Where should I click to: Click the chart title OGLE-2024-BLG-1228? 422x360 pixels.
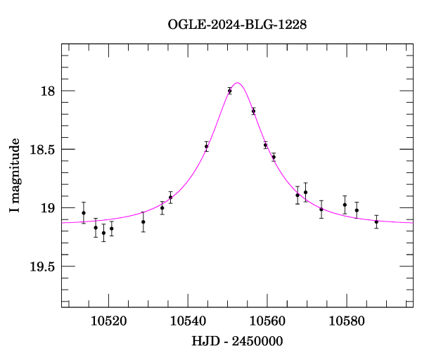click(x=237, y=25)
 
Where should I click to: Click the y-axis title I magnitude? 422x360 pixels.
click(x=15, y=176)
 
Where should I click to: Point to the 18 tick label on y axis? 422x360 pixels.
click(x=47, y=91)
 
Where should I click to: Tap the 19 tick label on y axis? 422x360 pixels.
click(x=47, y=208)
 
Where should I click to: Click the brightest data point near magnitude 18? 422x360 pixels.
click(x=230, y=91)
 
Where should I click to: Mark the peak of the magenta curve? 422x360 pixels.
click(x=238, y=83)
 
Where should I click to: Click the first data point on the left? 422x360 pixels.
click(x=84, y=213)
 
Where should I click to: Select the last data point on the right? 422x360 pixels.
click(x=376, y=221)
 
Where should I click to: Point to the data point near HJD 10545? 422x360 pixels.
click(x=207, y=146)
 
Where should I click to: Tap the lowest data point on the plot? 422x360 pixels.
click(x=103, y=233)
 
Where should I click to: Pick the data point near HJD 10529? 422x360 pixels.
click(x=143, y=222)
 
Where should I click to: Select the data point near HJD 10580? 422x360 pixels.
click(x=345, y=205)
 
